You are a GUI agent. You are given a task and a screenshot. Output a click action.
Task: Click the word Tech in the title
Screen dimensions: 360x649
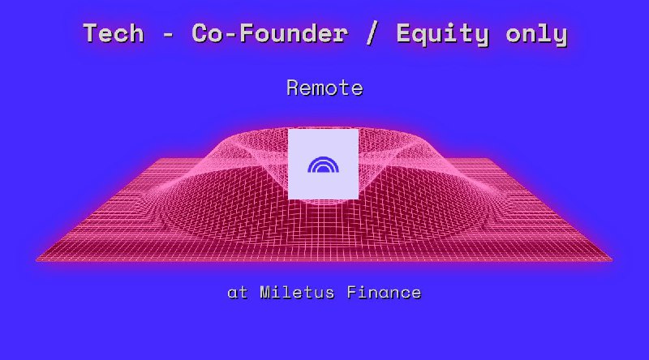click(114, 34)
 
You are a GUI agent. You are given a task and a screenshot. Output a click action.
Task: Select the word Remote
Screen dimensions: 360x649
click(324, 88)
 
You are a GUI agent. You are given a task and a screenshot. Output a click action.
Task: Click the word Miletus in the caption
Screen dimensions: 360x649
click(299, 293)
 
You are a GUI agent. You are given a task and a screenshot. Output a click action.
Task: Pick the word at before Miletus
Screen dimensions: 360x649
click(238, 293)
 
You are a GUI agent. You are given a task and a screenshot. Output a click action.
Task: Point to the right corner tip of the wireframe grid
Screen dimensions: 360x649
click(611, 259)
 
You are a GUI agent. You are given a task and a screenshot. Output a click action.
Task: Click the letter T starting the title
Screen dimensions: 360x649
click(90, 34)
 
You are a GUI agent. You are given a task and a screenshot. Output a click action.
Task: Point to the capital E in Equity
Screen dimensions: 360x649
click(403, 34)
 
